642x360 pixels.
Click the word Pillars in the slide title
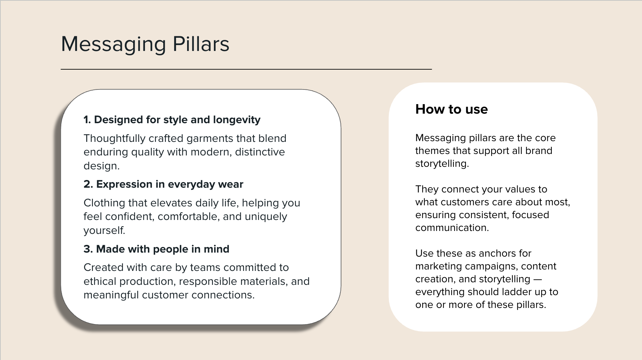point(201,44)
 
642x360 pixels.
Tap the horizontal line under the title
point(246,69)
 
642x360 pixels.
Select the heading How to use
point(451,109)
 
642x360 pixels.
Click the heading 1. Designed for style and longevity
point(172,120)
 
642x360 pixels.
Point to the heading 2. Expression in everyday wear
point(163,184)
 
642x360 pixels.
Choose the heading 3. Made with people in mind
point(156,249)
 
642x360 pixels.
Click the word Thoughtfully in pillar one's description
point(114,139)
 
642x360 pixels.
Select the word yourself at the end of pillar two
point(104,231)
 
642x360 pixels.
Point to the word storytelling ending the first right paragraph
point(442,164)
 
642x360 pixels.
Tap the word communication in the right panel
point(452,228)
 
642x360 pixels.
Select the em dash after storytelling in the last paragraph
point(537,279)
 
